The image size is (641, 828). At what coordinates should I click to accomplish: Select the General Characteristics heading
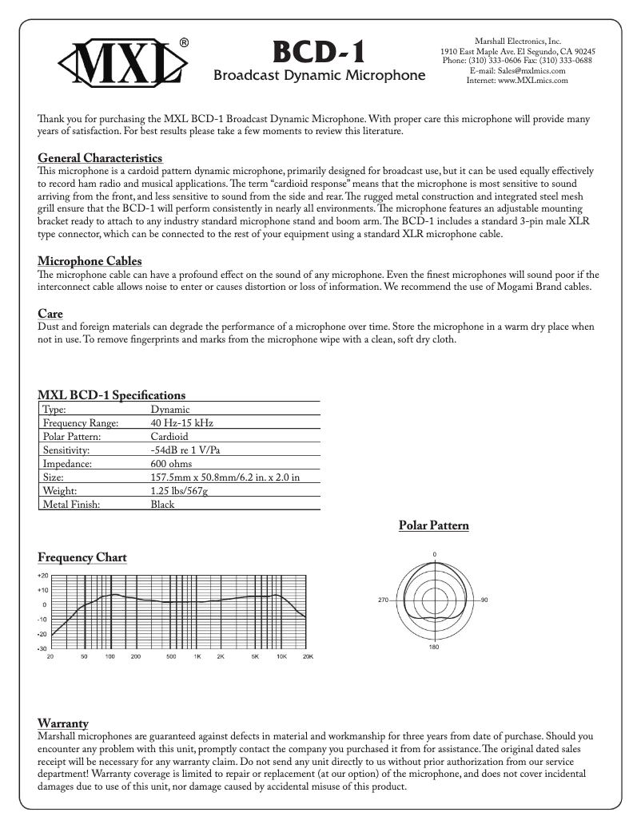[101, 158]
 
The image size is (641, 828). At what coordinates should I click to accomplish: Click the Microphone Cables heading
[90, 261]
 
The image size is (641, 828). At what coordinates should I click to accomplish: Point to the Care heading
[50, 314]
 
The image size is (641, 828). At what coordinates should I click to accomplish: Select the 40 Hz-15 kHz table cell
[181, 422]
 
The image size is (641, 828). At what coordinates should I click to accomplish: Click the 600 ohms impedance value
[173, 463]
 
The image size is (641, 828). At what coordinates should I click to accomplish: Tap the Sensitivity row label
[68, 450]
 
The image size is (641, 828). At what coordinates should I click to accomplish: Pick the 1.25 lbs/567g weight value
[179, 490]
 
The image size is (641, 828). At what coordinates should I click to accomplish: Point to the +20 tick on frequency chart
[42, 575]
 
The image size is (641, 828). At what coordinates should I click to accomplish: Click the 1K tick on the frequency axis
[197, 656]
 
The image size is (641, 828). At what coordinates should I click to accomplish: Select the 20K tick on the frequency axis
[308, 656]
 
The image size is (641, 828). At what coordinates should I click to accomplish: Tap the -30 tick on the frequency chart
[42, 648]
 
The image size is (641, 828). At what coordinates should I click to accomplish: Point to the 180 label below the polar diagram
[434, 648]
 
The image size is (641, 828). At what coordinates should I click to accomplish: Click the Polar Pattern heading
[433, 525]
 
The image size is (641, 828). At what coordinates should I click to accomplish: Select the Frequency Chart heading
[82, 557]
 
